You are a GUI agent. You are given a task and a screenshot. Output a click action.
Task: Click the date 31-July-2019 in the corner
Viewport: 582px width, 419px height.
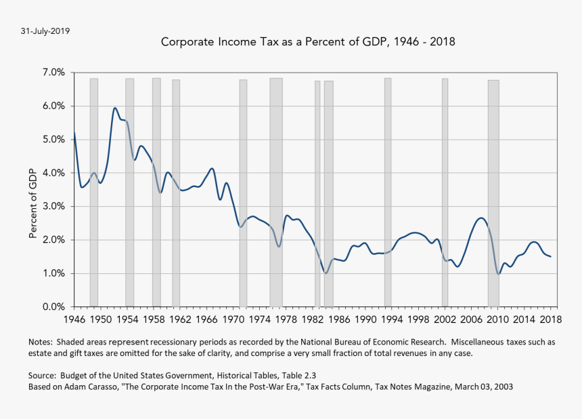pyautogui.click(x=45, y=31)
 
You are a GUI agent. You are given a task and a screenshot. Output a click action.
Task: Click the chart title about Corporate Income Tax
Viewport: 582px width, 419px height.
pyautogui.click(x=308, y=42)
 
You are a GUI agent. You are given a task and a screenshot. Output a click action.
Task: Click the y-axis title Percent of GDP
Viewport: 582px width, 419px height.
pyautogui.click(x=32, y=203)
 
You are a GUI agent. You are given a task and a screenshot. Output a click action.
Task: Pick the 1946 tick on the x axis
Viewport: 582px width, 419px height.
pyautogui.click(x=74, y=319)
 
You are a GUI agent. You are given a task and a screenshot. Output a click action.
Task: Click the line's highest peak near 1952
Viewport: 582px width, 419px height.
pyautogui.click(x=115, y=108)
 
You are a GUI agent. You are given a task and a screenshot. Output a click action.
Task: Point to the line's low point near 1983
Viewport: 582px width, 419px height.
pyautogui.click(x=326, y=273)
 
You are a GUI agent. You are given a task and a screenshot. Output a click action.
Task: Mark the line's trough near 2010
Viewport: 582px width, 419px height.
pyautogui.click(x=499, y=274)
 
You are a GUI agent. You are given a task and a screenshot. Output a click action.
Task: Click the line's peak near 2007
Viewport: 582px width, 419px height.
pyautogui.click(x=480, y=218)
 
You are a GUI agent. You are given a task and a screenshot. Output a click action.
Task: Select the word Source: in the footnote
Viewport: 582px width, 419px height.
pyautogui.click(x=43, y=376)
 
